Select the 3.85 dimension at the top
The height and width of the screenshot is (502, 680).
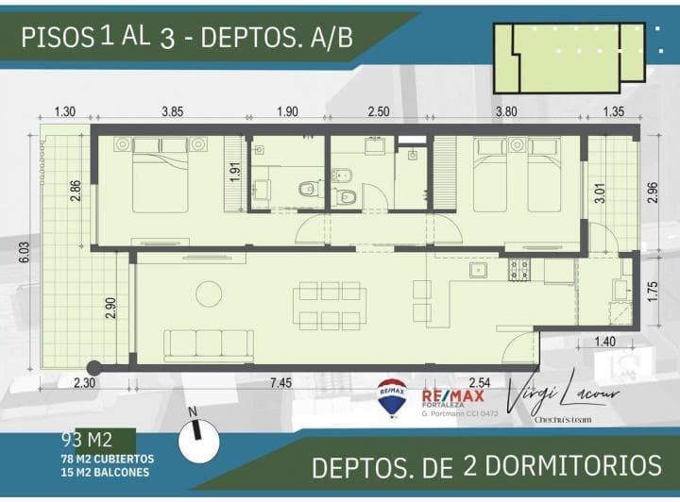(x=172, y=111)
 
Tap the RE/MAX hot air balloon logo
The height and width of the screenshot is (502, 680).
(x=392, y=397)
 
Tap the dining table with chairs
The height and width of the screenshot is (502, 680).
(x=330, y=305)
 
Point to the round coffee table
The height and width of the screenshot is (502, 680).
(x=209, y=293)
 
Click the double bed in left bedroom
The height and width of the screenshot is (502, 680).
(x=160, y=175)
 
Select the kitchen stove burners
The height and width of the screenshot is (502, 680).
(x=519, y=271)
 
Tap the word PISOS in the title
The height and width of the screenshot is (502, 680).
(x=56, y=37)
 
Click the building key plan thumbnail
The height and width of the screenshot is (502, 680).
(x=565, y=57)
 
